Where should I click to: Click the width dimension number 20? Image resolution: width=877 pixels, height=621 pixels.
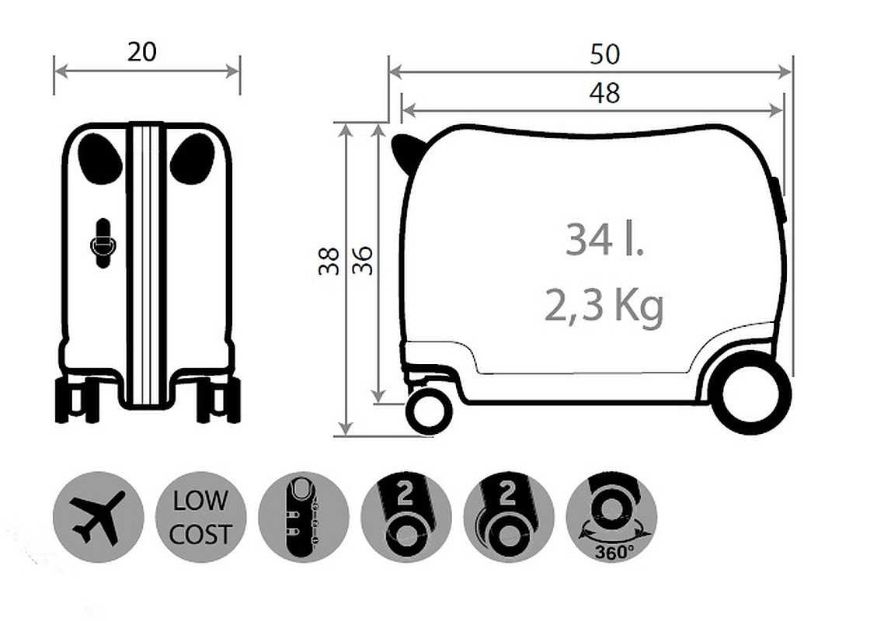point(142,52)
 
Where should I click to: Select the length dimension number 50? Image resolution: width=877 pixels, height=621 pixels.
point(605,54)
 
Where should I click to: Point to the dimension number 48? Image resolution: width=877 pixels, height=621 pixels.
point(604,93)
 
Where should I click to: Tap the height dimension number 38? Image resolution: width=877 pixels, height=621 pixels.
point(329,261)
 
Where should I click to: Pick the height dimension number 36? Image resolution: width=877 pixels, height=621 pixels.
point(363,261)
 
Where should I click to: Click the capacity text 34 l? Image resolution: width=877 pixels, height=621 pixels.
point(604,239)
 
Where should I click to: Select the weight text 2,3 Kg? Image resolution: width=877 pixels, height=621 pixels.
point(604,306)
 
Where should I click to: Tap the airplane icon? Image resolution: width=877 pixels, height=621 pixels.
point(99,517)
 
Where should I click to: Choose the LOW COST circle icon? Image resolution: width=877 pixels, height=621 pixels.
point(200,517)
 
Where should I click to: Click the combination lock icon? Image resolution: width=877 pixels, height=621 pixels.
point(304,517)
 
